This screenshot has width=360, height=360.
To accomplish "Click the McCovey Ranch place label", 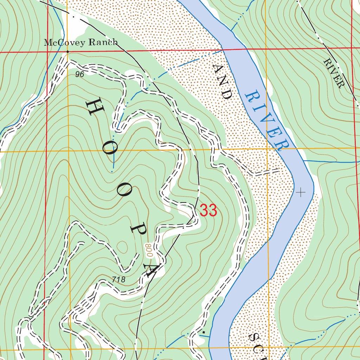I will point(81,43).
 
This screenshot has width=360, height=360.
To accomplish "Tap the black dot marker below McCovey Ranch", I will point(67,52).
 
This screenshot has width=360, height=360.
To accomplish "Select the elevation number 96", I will point(79,75).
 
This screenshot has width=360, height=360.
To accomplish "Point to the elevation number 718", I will point(118,279).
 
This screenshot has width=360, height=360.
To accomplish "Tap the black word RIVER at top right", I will point(333,73).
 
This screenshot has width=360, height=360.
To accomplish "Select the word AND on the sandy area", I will point(223,82).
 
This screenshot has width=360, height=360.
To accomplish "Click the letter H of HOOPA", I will point(94,107).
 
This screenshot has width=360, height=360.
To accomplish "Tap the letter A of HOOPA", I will point(152,268).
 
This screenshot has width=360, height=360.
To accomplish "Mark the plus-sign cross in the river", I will point(301,192).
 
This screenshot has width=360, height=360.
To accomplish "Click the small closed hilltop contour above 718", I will point(123,246).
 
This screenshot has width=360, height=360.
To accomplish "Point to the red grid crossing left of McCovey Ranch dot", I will point(47,52).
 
